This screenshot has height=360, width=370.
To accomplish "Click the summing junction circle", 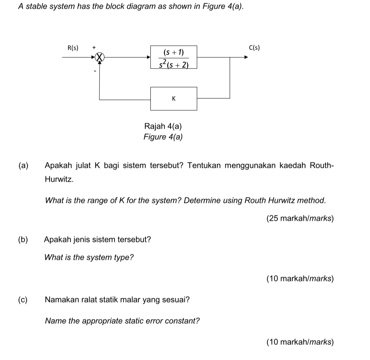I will [100, 57].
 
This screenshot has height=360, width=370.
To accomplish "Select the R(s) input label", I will [73, 48].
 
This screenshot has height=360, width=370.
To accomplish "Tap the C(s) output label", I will [254, 48].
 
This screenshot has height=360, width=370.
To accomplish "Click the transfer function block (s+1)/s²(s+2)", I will [174, 57].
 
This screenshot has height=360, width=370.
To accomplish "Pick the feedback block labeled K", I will [174, 99].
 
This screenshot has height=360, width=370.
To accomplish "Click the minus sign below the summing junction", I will [94, 71].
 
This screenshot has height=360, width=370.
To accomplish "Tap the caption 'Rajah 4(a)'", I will [163, 126].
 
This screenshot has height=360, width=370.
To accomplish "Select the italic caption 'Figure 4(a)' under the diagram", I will [163, 137].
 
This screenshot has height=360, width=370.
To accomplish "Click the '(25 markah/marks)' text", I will [300, 218].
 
